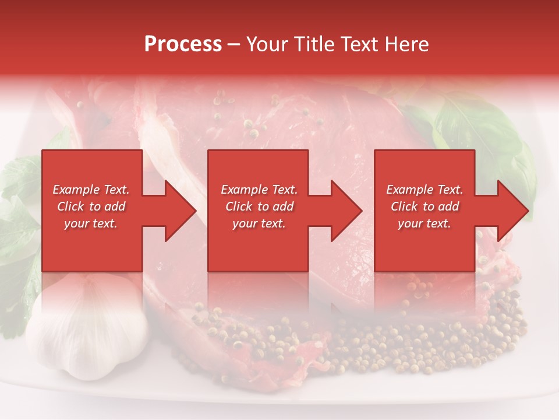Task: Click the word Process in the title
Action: pos(183,44)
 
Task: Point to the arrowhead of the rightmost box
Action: pos(512,211)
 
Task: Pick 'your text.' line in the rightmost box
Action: pos(424,223)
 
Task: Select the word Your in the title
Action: pos(268,44)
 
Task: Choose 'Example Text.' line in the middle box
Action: pos(259,190)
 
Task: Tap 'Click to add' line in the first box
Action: pos(91,206)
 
